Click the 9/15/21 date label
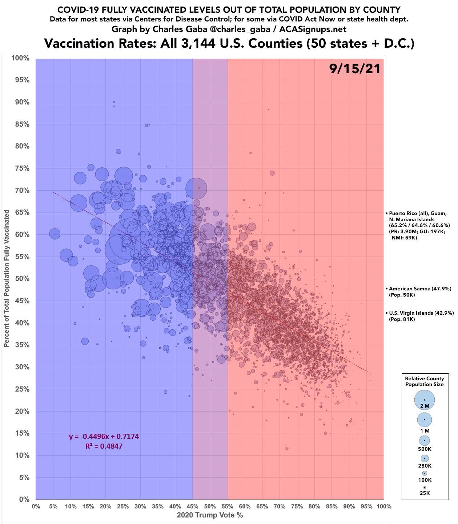(x=355, y=69)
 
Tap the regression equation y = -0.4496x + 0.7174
(x=104, y=437)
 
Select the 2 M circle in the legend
(x=425, y=400)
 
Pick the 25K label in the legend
(x=425, y=493)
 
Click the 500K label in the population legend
(x=425, y=449)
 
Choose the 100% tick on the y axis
(x=21, y=58)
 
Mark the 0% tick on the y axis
(x=24, y=499)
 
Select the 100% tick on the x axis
(x=384, y=506)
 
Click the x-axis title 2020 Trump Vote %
(x=210, y=515)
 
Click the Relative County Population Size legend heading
(x=425, y=381)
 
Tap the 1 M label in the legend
(x=425, y=430)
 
